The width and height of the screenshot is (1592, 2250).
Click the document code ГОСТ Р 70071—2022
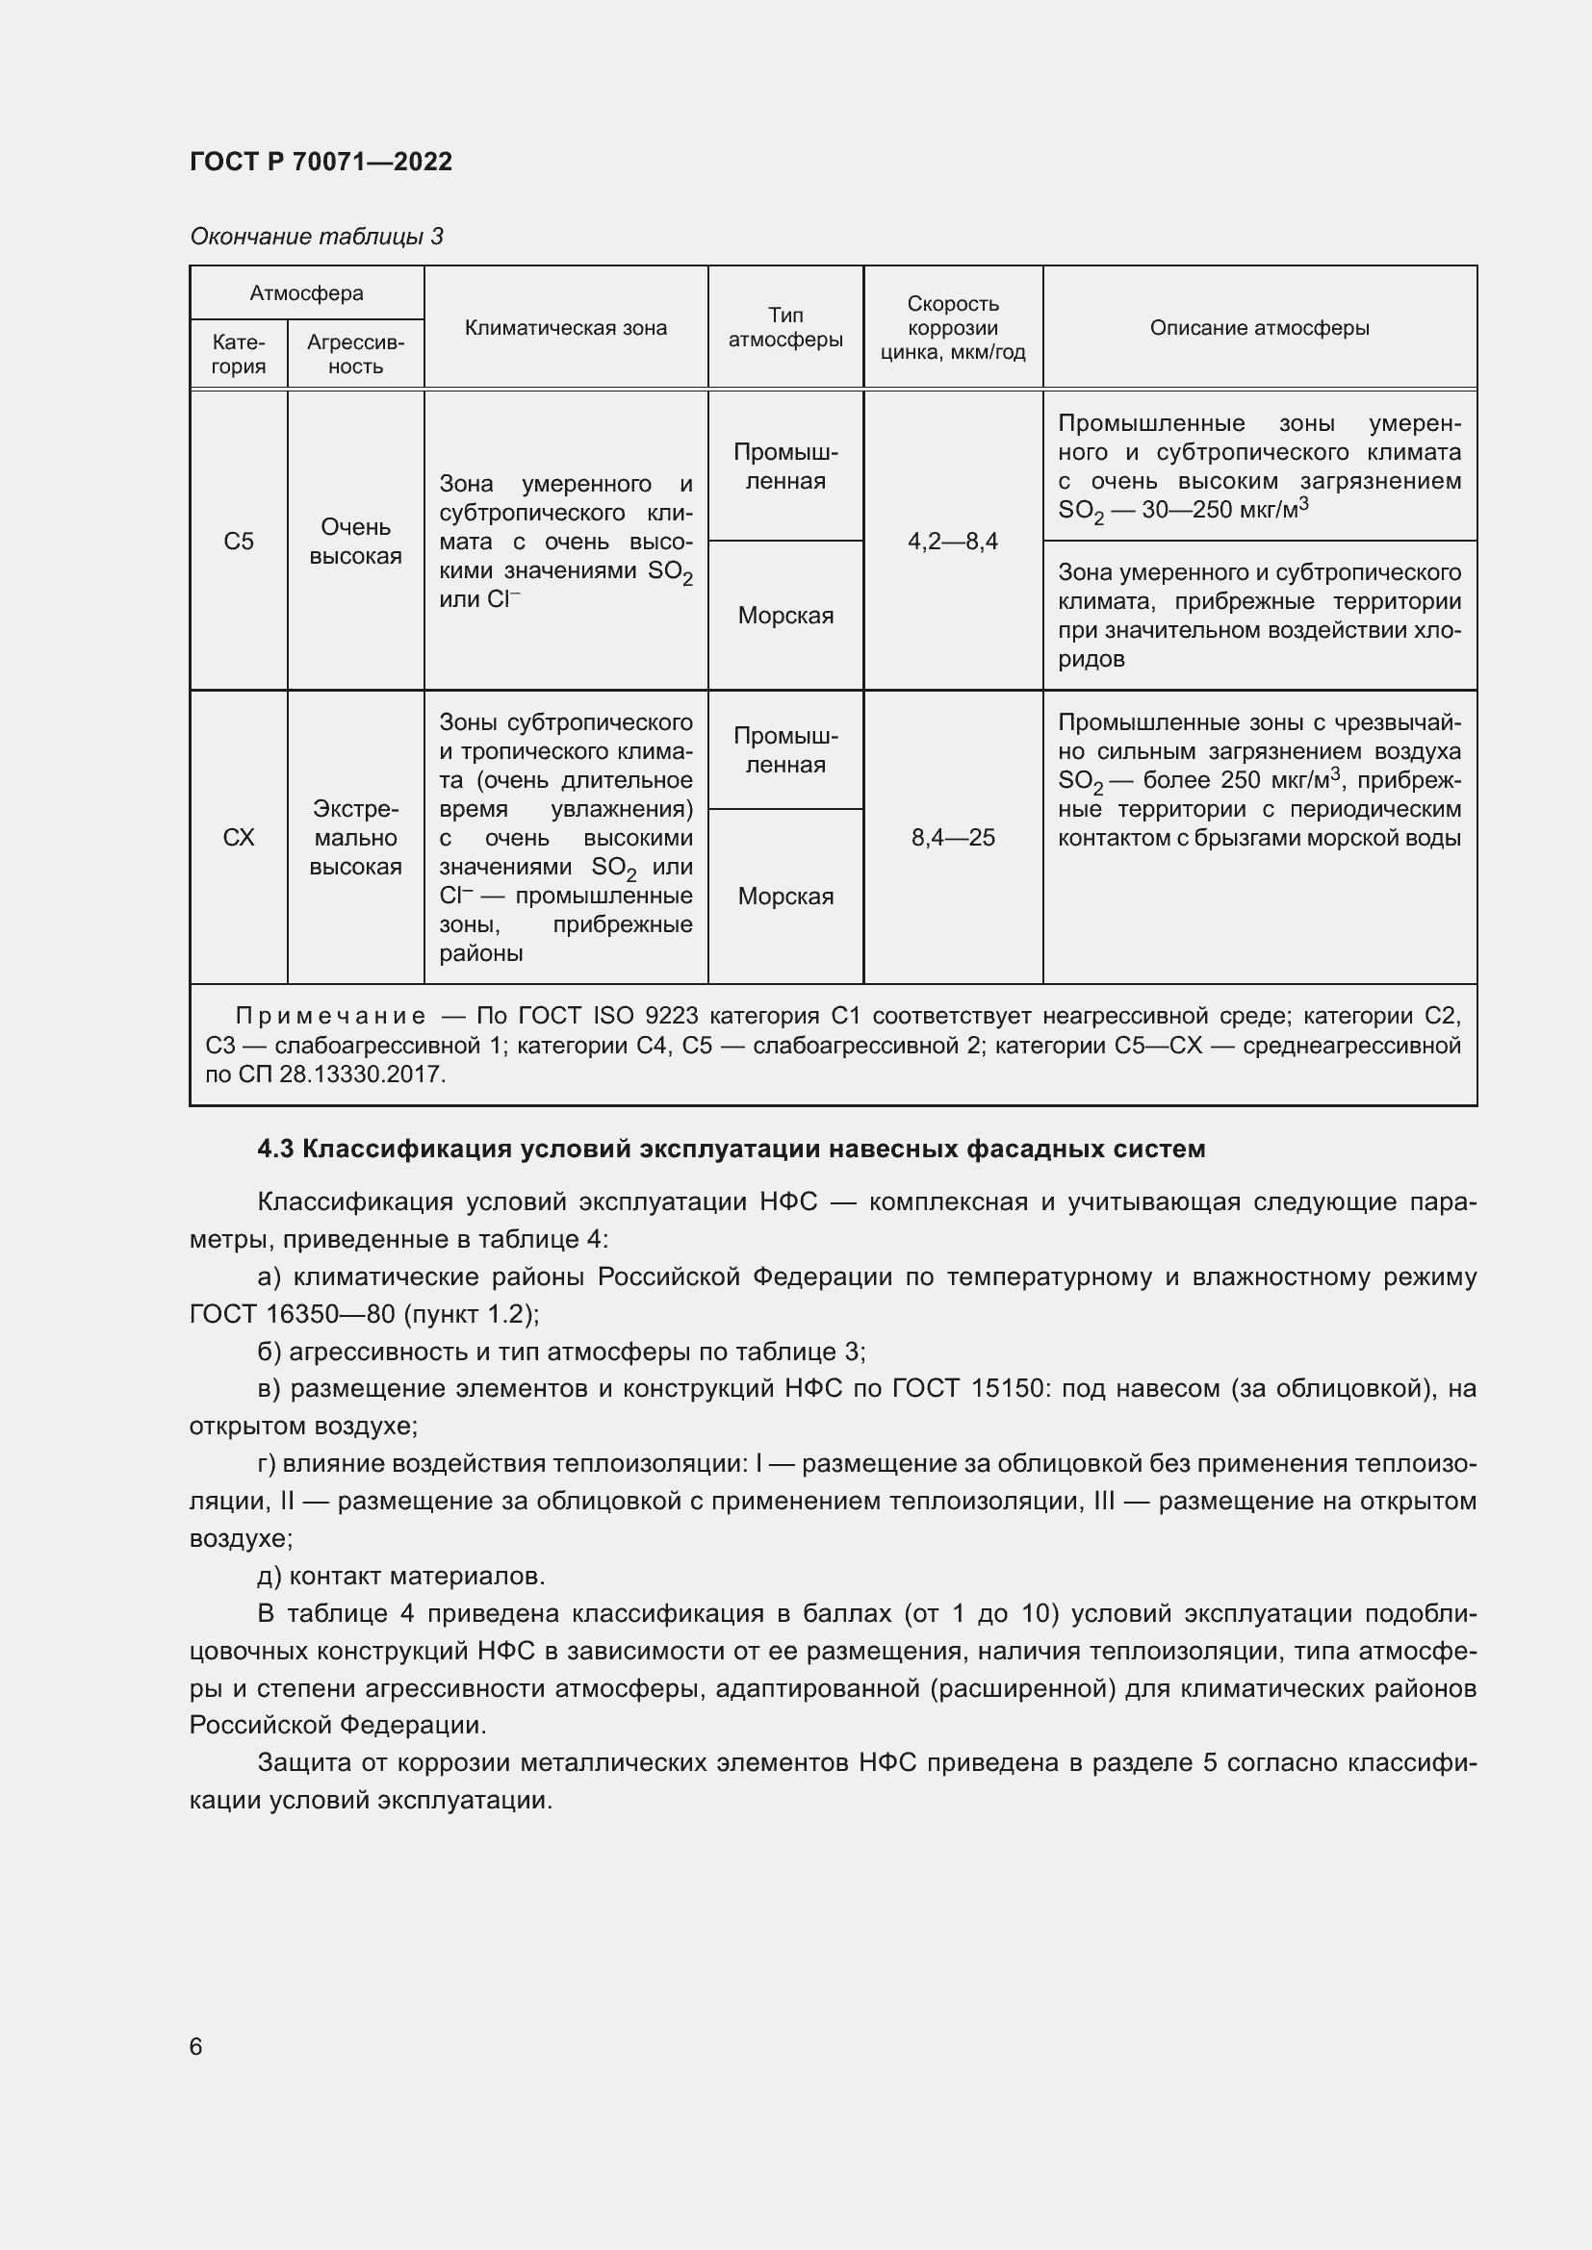click(321, 162)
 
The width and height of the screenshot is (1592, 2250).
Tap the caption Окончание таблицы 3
click(316, 237)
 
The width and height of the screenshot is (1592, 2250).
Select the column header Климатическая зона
click(565, 328)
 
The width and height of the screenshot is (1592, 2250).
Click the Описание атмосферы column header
click(1259, 328)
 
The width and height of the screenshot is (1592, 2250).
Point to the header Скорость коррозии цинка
click(952, 328)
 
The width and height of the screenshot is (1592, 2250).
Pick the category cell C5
click(238, 542)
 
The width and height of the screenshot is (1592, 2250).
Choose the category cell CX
click(238, 838)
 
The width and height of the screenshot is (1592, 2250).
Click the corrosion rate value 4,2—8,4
click(952, 542)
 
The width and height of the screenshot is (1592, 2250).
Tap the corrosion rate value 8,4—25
click(952, 838)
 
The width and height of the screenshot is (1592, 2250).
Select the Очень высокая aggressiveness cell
click(355, 542)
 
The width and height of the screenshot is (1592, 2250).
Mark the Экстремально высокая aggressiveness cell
click(355, 838)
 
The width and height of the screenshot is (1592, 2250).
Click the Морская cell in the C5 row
click(785, 616)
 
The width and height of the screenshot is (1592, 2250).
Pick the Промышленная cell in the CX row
click(785, 750)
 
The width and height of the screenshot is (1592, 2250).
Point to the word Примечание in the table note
click(330, 1016)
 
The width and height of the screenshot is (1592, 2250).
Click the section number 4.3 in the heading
click(275, 1149)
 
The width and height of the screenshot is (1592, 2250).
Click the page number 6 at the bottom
click(196, 2047)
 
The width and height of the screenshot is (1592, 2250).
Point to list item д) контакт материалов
click(401, 1577)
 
